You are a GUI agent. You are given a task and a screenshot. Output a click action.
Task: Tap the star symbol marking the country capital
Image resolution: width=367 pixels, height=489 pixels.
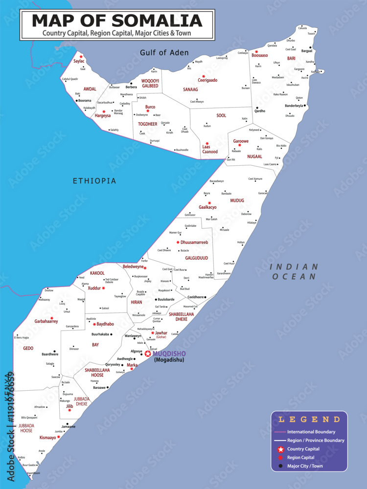[148, 354]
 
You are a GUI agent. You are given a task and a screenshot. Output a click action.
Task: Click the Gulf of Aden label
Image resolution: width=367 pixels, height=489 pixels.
[164, 53]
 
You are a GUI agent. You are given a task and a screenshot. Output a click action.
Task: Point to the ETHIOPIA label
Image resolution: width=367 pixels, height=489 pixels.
[94, 181]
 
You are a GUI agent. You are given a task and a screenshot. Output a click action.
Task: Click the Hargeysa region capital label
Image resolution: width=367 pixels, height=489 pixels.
[103, 116]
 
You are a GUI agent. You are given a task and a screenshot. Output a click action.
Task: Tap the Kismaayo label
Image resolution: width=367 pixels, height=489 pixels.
[47, 438]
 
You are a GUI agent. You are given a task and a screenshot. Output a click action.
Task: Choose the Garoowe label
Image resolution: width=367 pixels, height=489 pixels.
[241, 141]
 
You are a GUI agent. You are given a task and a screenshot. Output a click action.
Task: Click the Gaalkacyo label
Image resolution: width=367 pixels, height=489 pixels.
[207, 207]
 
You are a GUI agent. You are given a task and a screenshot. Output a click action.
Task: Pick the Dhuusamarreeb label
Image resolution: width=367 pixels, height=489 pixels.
[194, 242]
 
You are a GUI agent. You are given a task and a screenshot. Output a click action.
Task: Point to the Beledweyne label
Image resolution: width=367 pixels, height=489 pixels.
[133, 267]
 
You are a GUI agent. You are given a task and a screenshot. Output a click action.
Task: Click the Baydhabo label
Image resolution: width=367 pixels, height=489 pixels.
[105, 324]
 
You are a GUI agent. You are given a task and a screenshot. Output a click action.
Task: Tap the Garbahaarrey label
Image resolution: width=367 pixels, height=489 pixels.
[46, 321]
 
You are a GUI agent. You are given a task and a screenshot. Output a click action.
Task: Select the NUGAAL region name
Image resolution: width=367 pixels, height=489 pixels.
[254, 156]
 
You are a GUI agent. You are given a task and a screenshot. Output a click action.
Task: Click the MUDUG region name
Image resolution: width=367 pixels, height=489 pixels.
[237, 200]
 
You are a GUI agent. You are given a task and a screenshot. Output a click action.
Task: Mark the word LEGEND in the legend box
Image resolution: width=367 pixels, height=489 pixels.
[309, 420]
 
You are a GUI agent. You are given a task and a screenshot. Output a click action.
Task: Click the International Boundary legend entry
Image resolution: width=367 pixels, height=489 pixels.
[311, 432]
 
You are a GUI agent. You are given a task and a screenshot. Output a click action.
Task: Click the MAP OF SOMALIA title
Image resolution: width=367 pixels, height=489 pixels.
[117, 21]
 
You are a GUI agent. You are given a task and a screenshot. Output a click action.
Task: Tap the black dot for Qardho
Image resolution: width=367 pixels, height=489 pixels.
[257, 108]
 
